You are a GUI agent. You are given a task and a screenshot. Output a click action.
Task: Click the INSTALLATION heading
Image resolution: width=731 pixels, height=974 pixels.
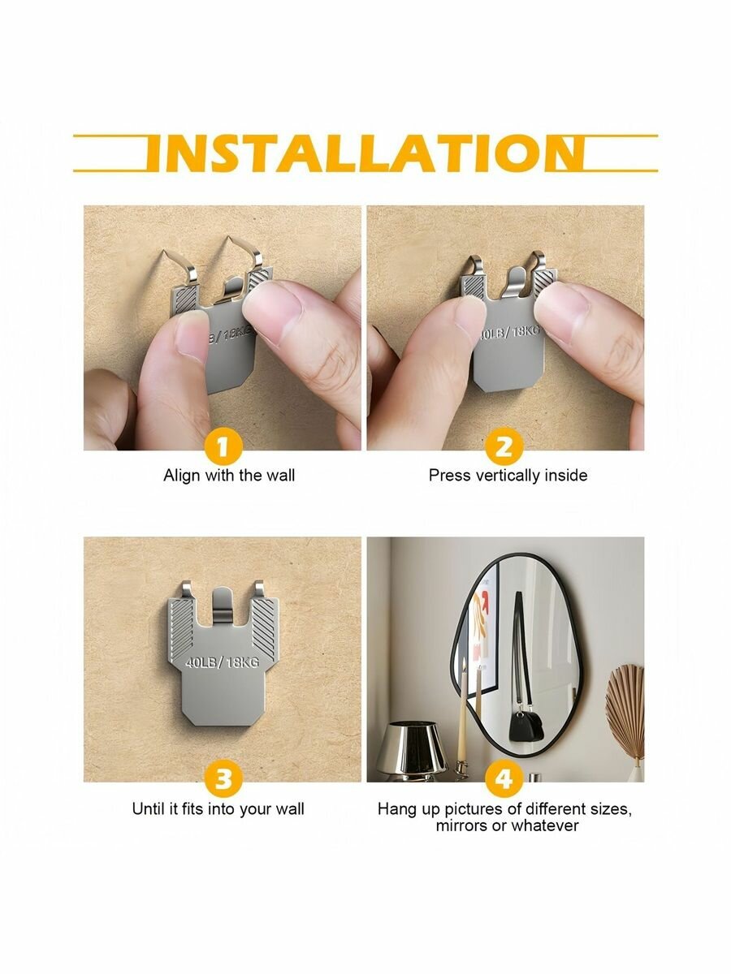tap(365, 153)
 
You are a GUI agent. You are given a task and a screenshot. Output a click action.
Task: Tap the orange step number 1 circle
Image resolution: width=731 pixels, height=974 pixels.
tap(223, 447)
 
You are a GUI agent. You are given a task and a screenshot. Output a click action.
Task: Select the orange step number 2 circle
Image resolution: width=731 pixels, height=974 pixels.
tap(504, 447)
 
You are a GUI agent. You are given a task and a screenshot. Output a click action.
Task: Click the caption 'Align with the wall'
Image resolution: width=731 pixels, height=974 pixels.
tap(229, 476)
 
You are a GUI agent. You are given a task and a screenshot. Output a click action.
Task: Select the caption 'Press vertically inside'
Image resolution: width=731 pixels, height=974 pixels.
tap(508, 476)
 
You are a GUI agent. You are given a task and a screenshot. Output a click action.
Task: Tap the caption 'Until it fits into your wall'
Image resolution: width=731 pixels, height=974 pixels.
tap(218, 809)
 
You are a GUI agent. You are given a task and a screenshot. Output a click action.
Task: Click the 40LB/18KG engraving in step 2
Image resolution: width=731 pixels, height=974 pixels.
tap(510, 333)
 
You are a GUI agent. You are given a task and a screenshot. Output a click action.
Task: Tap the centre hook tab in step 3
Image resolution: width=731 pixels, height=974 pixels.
tap(223, 605)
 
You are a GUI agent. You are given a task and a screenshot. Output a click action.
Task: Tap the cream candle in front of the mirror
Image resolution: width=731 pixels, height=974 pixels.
tap(463, 714)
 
